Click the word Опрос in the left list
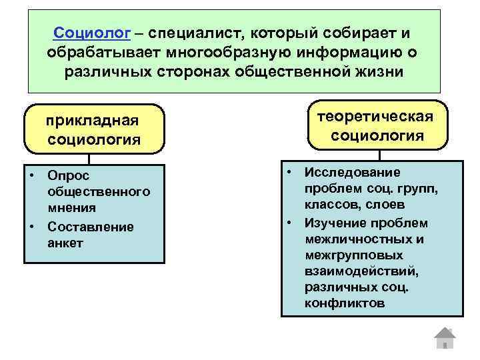tap(69, 176)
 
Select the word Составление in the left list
tap(90, 227)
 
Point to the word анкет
tap(65, 243)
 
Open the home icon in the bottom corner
tap(444, 338)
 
